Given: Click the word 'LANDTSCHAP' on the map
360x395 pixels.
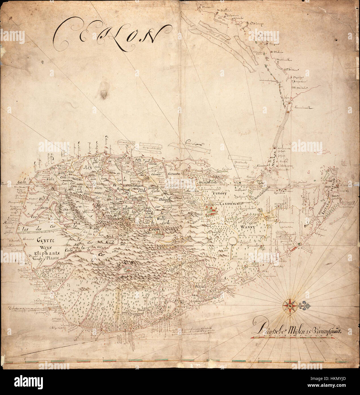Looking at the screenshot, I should [x=233, y=203].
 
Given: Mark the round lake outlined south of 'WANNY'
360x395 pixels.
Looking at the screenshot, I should [x=233, y=241].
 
